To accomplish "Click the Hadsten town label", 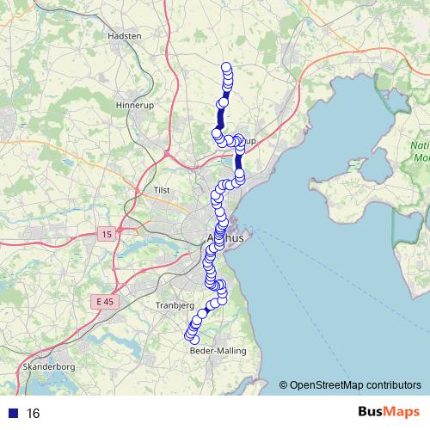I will click(x=124, y=36).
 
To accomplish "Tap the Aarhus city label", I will click(x=226, y=238).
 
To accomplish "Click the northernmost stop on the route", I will click(x=227, y=68).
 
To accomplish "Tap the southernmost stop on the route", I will click(x=194, y=340).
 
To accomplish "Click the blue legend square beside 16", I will click(x=12, y=413).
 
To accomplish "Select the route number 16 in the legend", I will click(x=34, y=413).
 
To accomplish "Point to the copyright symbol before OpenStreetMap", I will click(x=284, y=384).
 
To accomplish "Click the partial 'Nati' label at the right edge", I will click(x=421, y=145).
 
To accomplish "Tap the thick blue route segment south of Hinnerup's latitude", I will click(x=239, y=161).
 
